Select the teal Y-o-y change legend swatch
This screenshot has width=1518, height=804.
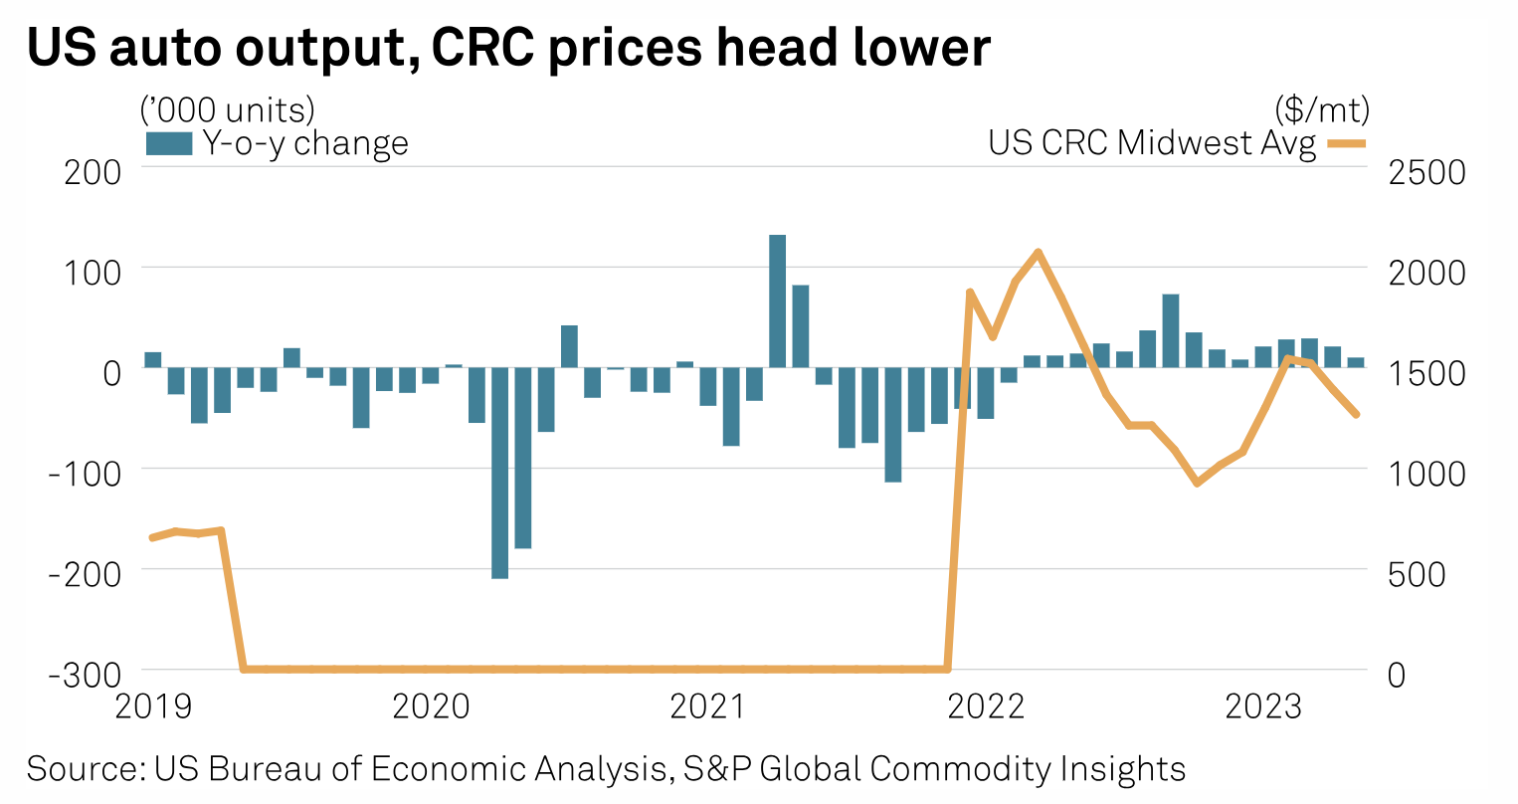pyautogui.click(x=168, y=143)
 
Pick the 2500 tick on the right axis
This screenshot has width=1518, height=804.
pyautogui.click(x=1426, y=171)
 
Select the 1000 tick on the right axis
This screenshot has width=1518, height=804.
pyautogui.click(x=1426, y=472)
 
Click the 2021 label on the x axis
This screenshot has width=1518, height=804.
pyautogui.click(x=707, y=706)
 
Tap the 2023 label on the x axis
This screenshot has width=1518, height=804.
pyautogui.click(x=1263, y=706)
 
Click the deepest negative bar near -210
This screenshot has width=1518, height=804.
pyautogui.click(x=500, y=473)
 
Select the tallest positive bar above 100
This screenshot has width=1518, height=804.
pyautogui.click(x=778, y=301)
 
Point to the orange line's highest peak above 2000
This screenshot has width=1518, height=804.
pyautogui.click(x=1039, y=252)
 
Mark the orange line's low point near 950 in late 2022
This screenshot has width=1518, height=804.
pyautogui.click(x=1197, y=484)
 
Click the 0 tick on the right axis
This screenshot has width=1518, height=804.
pyautogui.click(x=1396, y=673)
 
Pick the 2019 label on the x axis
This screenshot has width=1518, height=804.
pyautogui.click(x=153, y=706)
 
